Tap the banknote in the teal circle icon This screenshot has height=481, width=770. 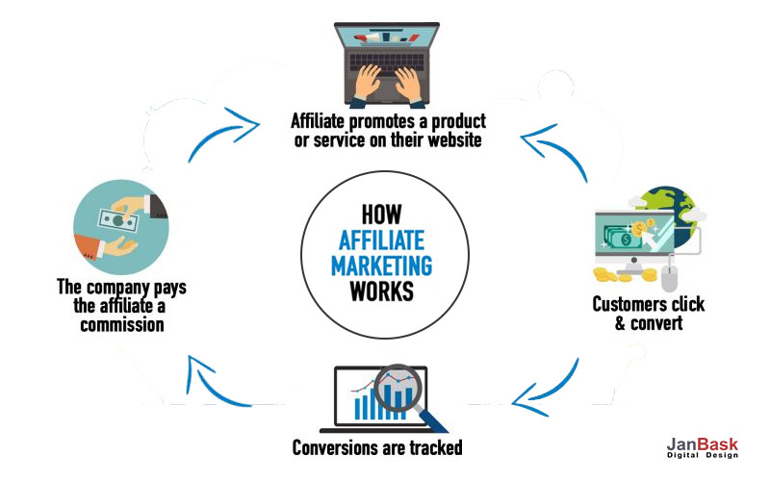pos(116,219)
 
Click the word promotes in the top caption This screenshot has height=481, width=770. pos(385,122)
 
